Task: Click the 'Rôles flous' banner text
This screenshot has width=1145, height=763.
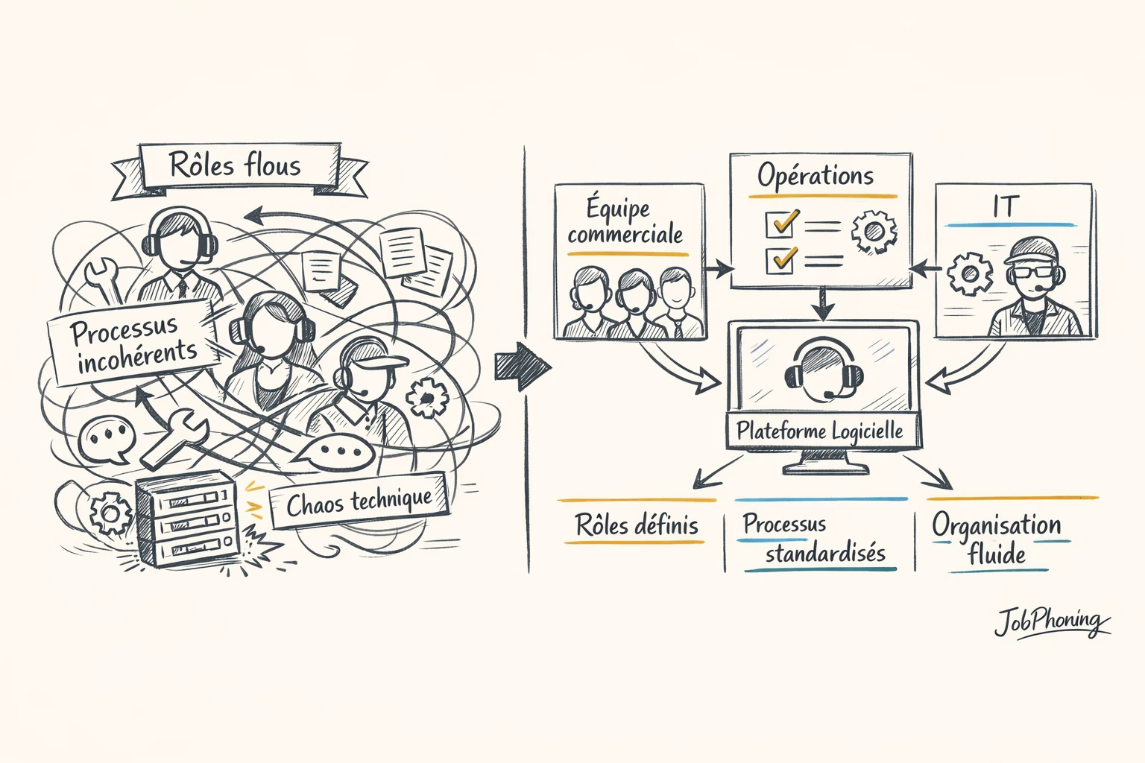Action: pyautogui.click(x=236, y=164)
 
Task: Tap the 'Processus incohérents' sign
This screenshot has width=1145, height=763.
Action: pyautogui.click(x=134, y=343)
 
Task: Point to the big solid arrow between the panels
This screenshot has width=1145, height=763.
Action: pyautogui.click(x=521, y=366)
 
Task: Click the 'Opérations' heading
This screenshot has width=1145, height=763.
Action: pyautogui.click(x=816, y=176)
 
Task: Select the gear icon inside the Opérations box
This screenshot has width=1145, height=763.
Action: pyautogui.click(x=874, y=231)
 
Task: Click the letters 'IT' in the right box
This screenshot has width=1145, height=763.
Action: pyautogui.click(x=1005, y=207)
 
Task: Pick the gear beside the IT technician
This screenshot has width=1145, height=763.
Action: pyautogui.click(x=969, y=273)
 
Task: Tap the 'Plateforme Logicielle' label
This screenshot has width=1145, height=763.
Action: pyautogui.click(x=819, y=431)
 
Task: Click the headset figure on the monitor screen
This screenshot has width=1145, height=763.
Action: pyautogui.click(x=823, y=370)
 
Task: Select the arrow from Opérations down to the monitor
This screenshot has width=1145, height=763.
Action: pyautogui.click(x=822, y=303)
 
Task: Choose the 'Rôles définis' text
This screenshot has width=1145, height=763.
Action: pyautogui.click(x=637, y=525)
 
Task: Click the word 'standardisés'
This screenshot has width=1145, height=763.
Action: pyautogui.click(x=825, y=554)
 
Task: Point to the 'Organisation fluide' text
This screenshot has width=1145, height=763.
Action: pyautogui.click(x=996, y=539)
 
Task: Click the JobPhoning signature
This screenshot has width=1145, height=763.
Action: pyautogui.click(x=1051, y=622)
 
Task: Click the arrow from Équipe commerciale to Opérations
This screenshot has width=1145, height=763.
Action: pyautogui.click(x=718, y=269)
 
